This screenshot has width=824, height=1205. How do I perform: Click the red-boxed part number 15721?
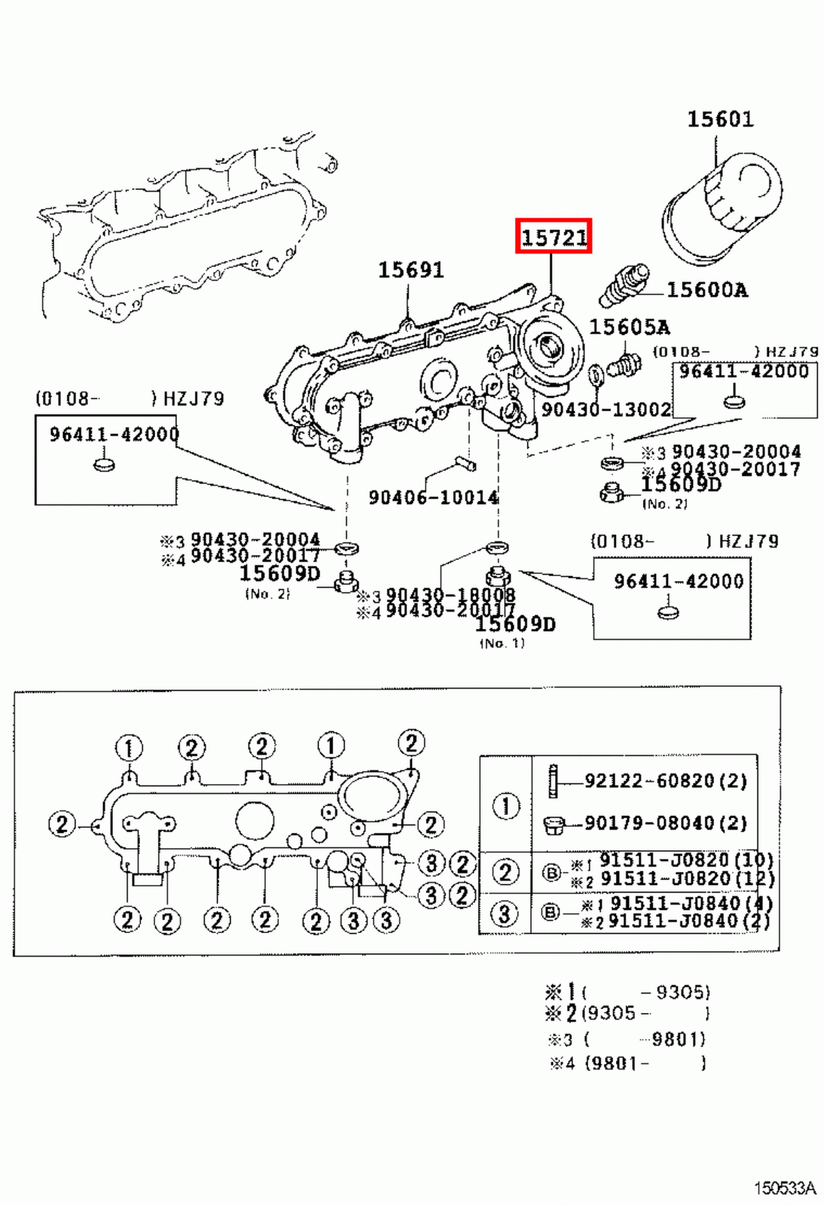[x=554, y=237]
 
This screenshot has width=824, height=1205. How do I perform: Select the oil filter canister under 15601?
[x=722, y=208]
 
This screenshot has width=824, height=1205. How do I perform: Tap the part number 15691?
[x=410, y=270]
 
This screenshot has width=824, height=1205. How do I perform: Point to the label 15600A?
[x=707, y=290]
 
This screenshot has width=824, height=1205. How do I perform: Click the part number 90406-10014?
[x=433, y=497]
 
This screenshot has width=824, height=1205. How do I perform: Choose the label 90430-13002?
[x=606, y=410]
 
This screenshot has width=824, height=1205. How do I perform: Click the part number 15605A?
[x=629, y=327]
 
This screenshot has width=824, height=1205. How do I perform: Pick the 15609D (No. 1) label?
[x=515, y=624]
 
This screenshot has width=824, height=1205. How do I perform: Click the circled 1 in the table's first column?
[x=505, y=807]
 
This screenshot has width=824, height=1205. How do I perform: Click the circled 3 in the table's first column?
[x=505, y=914]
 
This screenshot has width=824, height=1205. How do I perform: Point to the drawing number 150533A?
[x=784, y=1188]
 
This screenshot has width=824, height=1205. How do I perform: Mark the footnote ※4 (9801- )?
[x=627, y=1063]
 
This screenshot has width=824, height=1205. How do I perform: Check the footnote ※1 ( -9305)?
[x=627, y=992]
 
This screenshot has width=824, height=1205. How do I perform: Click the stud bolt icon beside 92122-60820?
[x=554, y=782]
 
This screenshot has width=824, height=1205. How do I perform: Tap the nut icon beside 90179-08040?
[x=554, y=825]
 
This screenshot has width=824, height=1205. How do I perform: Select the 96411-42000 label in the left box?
[x=114, y=435]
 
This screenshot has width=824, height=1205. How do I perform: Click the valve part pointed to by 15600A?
[x=624, y=285]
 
